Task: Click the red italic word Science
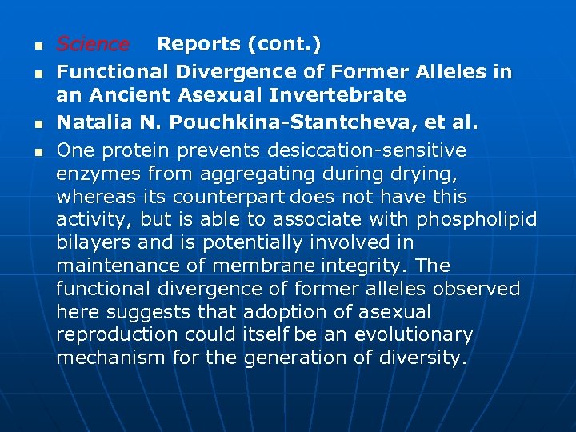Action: [93, 45]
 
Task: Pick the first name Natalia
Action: [94, 124]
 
